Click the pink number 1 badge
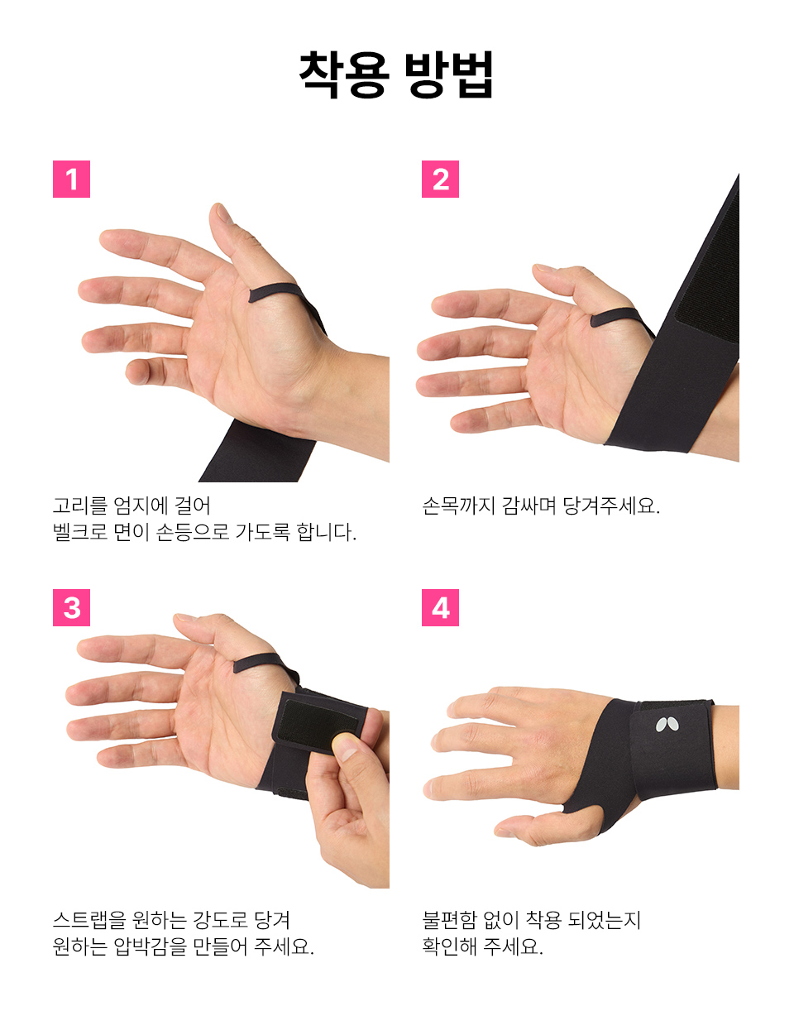click(x=71, y=179)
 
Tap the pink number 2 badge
click(x=440, y=179)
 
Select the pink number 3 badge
click(x=71, y=608)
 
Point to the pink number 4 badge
click(x=440, y=608)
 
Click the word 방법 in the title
click(x=449, y=74)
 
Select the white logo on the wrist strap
click(x=667, y=725)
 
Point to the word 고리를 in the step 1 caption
click(x=80, y=506)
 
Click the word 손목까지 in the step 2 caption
click(x=459, y=506)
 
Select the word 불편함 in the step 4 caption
click(x=449, y=920)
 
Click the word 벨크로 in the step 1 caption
click(x=80, y=532)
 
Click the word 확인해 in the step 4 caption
click(x=449, y=946)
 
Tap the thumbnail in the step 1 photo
click(x=224, y=213)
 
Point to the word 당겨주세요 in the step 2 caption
click(x=611, y=506)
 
